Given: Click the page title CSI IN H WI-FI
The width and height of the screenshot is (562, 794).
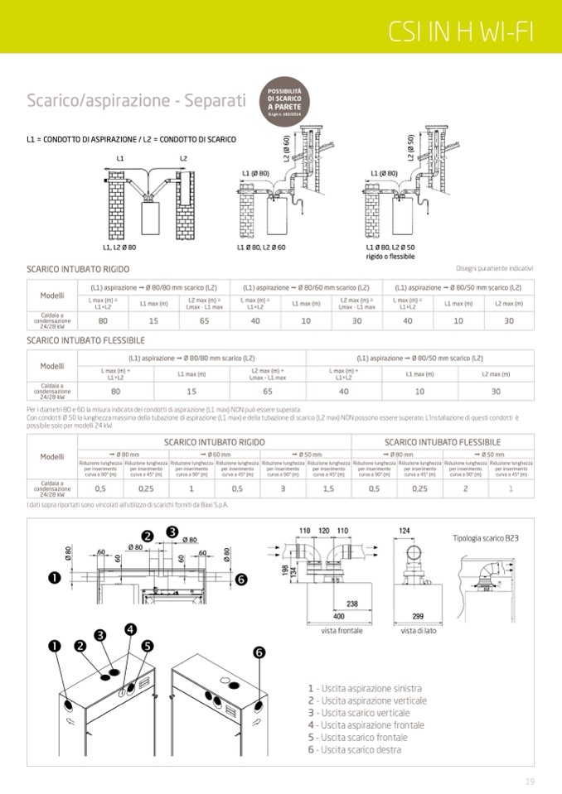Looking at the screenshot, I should pos(462,31).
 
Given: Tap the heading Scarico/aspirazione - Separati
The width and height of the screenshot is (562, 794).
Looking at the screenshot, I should pos(136,101).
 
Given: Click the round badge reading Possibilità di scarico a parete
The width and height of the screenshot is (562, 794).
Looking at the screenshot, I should pos(283,104).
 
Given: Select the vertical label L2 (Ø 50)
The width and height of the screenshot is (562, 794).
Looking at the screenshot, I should pos(410,147).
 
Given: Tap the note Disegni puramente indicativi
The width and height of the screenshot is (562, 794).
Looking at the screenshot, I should pos(495,268).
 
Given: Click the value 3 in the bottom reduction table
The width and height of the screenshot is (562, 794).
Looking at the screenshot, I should pos(283,488).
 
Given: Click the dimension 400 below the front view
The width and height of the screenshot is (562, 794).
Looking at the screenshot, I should pos(338,617).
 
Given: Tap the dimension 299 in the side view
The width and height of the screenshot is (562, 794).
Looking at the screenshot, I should pos(418,617).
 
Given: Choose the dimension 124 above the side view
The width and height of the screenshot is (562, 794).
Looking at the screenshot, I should pos(405,530).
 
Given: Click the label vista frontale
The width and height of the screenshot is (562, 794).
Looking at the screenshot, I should pos(342,631).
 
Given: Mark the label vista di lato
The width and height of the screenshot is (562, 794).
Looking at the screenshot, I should pos(419,631).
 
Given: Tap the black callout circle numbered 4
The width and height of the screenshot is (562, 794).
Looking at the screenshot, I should pos(130,628).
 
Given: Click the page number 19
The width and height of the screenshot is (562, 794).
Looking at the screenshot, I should pos(530,781).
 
